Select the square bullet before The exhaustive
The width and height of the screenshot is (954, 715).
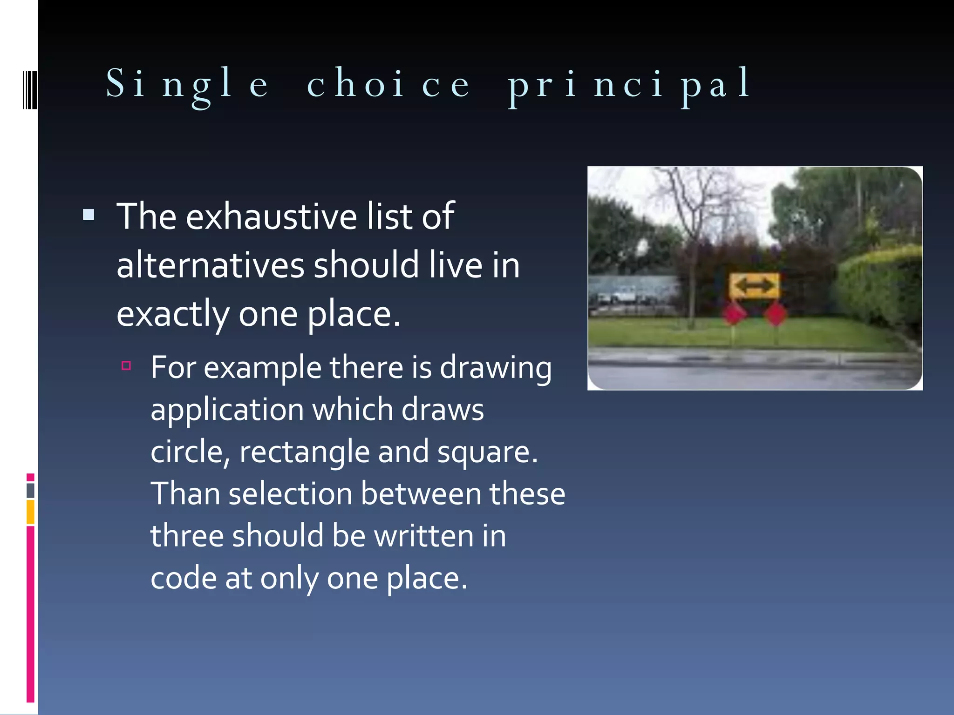point(89,215)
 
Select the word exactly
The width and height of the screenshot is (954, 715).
point(172,315)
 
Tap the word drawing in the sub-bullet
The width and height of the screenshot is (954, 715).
point(496,368)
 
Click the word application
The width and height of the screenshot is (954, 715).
point(227,410)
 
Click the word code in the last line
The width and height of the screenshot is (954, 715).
point(184,578)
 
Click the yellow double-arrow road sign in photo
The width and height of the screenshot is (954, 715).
point(754,285)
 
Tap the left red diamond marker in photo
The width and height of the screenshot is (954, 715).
point(735,313)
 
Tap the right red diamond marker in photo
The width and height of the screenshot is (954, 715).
point(776,313)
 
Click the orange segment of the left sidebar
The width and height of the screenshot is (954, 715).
point(30,512)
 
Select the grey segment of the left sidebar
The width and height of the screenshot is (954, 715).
point(30,490)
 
